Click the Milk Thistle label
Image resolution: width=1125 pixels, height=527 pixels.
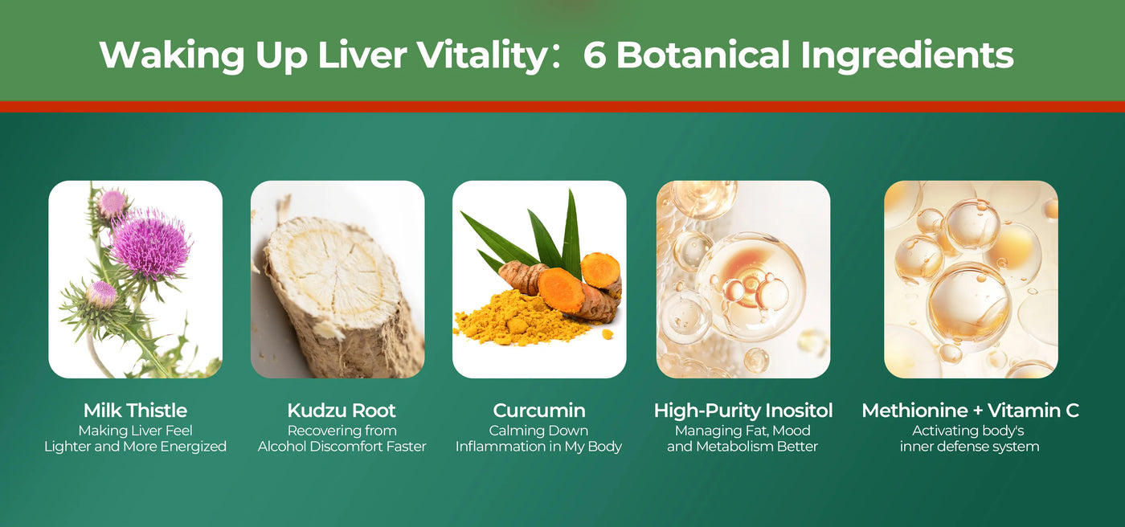[135, 411]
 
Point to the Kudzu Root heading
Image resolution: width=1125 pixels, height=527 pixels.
[342, 411]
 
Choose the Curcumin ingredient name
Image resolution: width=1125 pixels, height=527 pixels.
[539, 411]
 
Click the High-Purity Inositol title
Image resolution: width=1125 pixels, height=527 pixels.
[742, 411]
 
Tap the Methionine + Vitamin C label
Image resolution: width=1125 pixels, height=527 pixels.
[971, 411]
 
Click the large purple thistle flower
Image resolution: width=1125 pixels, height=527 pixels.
[150, 243]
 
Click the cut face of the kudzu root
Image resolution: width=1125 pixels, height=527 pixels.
[326, 271]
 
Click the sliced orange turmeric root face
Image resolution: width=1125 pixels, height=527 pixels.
[561, 289]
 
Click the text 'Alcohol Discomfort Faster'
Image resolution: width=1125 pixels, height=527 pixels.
[342, 446]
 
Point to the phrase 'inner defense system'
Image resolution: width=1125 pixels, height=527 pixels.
[969, 446]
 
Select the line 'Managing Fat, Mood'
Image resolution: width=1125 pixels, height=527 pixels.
[742, 431]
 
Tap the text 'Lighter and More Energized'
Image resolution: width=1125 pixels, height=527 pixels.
[135, 447]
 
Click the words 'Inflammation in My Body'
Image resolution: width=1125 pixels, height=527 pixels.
[538, 447]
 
